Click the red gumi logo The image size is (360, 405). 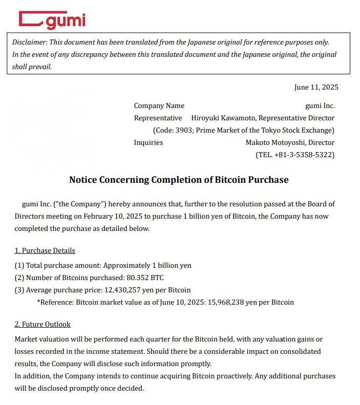coord(52,20)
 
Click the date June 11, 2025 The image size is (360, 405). coord(316,87)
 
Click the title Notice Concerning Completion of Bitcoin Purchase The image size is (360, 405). coord(179,180)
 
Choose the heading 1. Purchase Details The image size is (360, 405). coord(45,250)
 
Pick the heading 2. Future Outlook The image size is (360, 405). coord(43,324)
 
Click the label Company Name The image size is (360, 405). coord(159,105)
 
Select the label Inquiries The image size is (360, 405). coord(148,142)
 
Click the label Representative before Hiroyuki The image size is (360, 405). coord(158,118)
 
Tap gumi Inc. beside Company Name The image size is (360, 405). coord(320,105)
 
